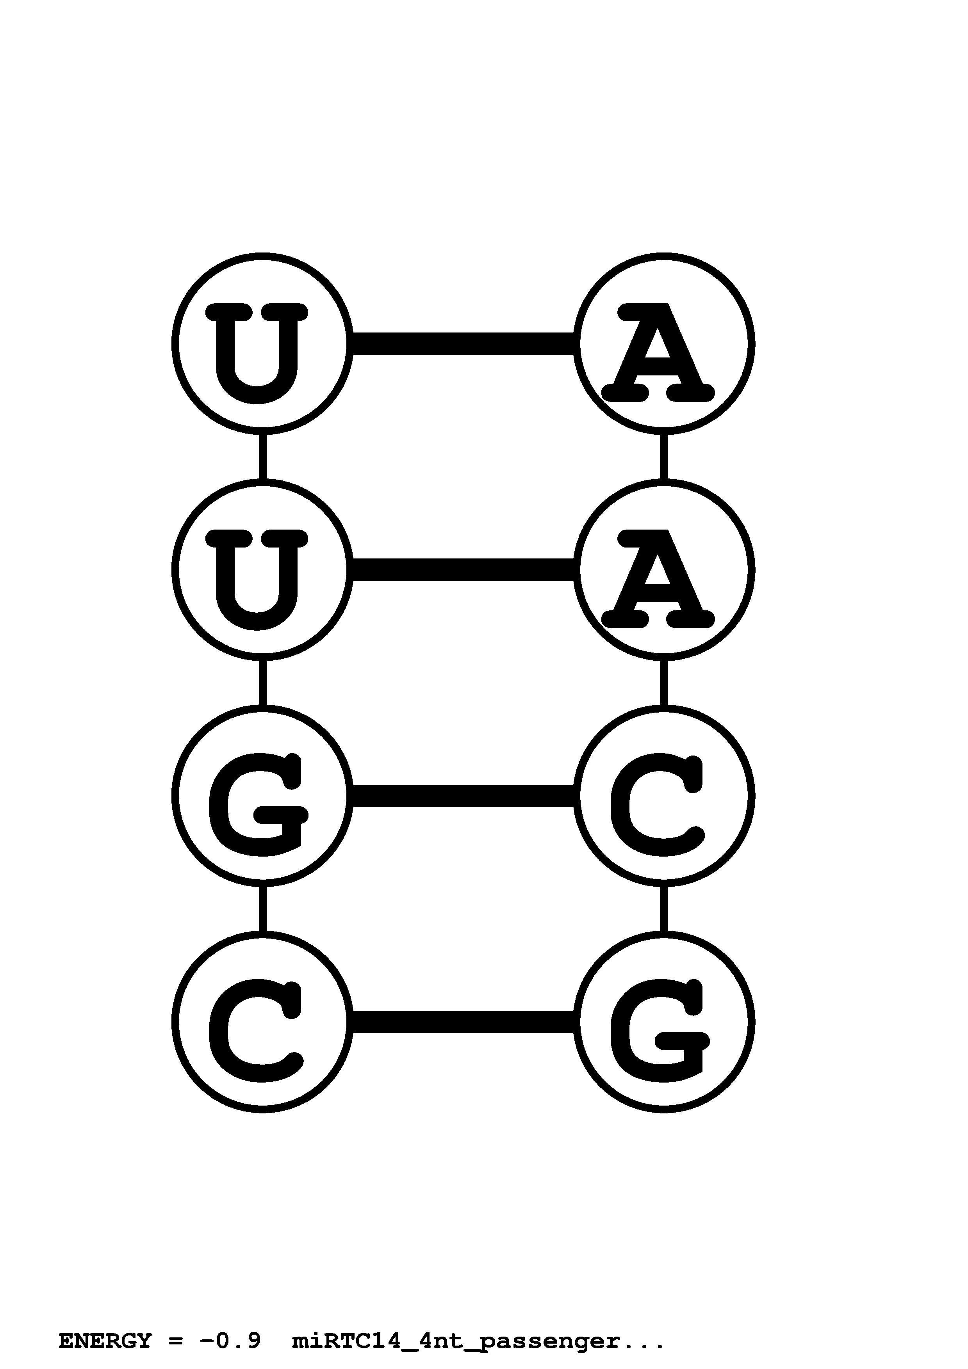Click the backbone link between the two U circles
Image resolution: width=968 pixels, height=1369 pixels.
point(262,456)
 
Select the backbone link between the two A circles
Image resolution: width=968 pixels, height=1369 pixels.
point(664,456)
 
